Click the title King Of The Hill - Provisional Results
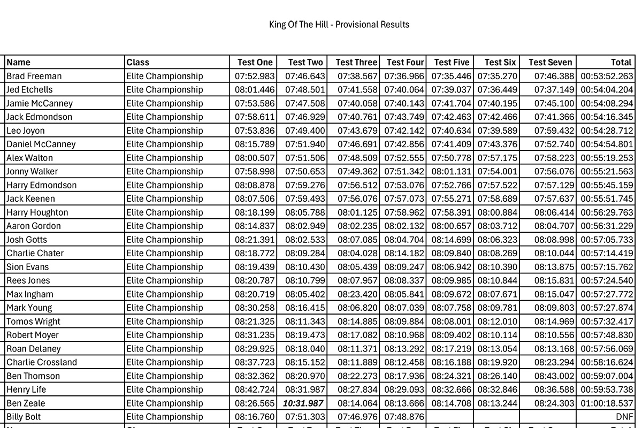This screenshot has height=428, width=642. (339, 25)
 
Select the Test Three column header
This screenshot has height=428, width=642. (356, 63)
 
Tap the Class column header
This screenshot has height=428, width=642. (138, 63)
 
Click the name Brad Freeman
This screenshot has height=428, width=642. (34, 76)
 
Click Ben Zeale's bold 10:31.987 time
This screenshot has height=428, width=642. (303, 403)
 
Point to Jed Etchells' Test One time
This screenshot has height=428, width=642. (255, 90)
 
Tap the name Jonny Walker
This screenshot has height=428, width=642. (32, 172)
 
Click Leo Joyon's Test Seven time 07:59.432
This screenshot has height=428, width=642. (554, 131)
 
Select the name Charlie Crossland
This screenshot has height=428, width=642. (42, 362)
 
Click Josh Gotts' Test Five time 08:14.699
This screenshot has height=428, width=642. (452, 240)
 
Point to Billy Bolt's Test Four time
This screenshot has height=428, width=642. (404, 417)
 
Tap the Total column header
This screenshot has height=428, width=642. (621, 63)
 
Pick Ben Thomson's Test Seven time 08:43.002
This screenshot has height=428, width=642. (554, 376)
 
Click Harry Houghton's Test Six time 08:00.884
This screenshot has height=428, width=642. (498, 212)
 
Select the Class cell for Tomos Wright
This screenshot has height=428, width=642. (165, 322)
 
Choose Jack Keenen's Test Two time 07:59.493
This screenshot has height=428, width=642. (305, 199)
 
